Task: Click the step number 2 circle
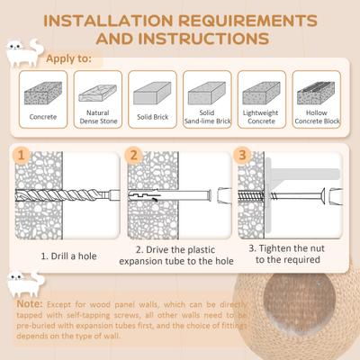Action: coord(135,155)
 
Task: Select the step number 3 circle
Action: coord(243,155)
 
